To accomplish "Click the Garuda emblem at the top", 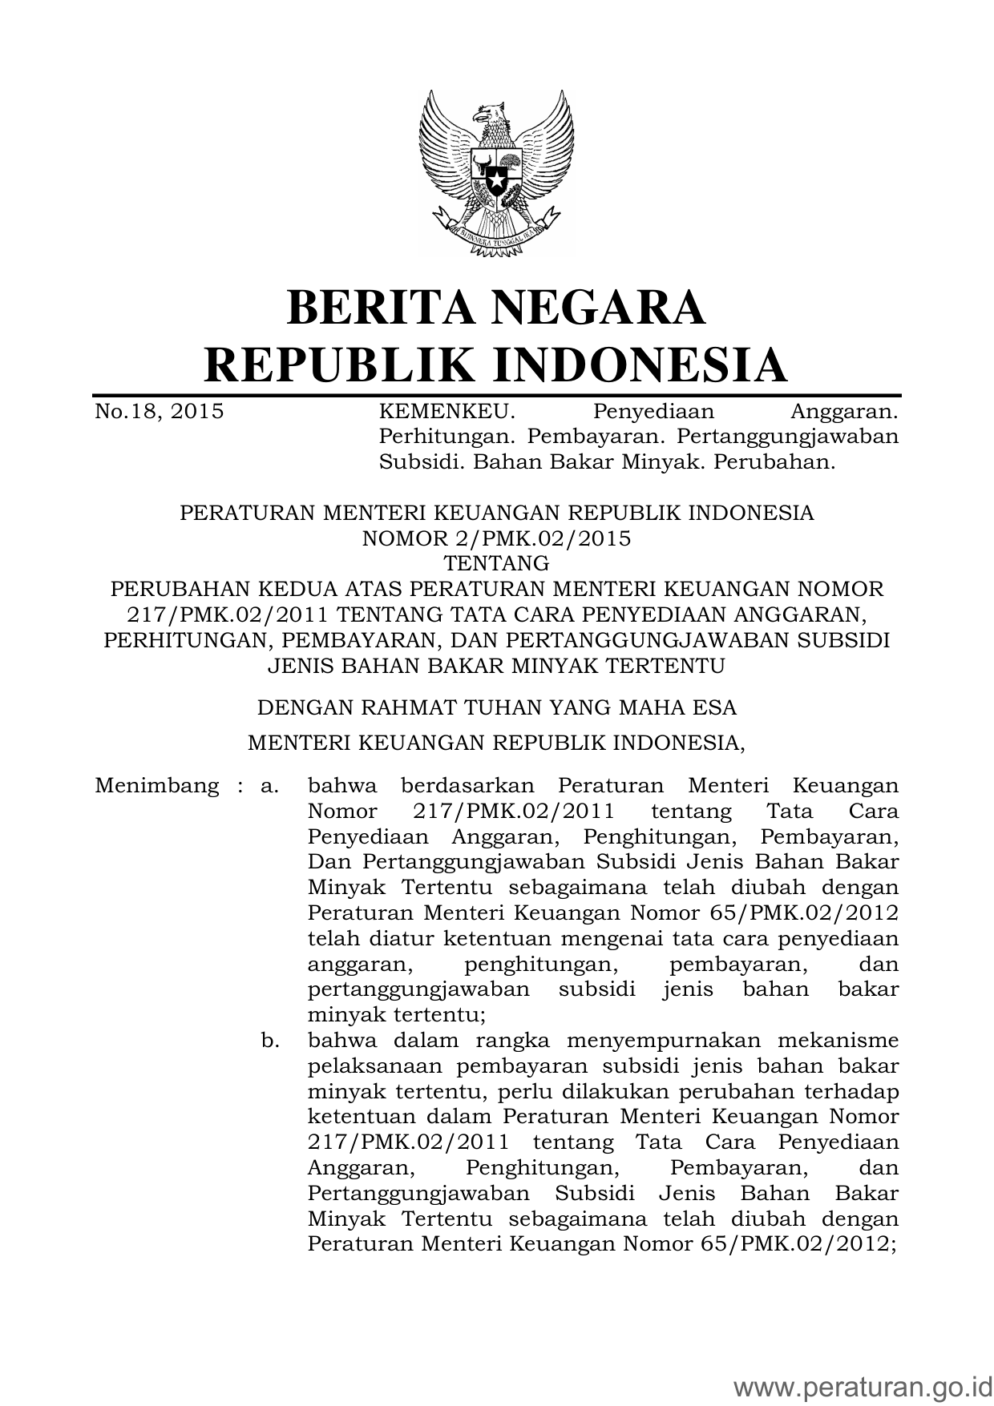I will (496, 171).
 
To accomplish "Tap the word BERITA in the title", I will (375, 308).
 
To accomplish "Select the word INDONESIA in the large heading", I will (639, 365).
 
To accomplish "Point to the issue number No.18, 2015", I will (159, 413).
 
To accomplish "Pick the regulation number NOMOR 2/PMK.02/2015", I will (496, 538).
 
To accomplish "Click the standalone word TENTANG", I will (496, 563).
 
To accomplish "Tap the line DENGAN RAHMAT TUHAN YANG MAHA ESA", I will (496, 708).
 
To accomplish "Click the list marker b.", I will (269, 1041).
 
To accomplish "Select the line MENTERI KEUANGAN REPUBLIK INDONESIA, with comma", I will (496, 743).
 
